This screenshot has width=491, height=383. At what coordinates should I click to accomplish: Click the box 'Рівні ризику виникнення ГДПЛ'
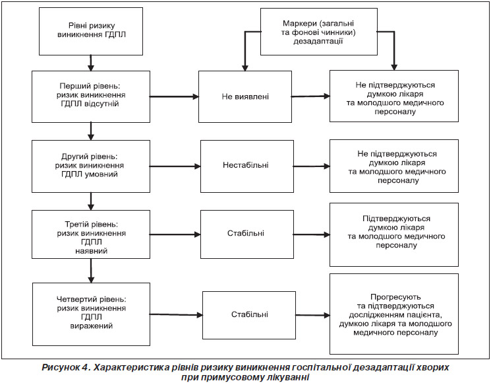click(91, 32)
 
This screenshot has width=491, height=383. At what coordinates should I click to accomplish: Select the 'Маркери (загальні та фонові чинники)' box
click(319, 32)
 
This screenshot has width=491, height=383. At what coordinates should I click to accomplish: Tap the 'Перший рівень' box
click(91, 96)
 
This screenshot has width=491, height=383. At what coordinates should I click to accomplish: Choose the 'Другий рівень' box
click(91, 166)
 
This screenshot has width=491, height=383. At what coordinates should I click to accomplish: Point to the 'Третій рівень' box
click(91, 234)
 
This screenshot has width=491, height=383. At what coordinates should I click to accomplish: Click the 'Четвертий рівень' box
click(91, 314)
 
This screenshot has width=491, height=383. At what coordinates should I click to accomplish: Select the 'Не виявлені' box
click(245, 96)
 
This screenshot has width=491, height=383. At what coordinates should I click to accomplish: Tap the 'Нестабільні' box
click(247, 166)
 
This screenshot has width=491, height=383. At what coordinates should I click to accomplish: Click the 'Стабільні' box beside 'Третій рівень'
click(247, 234)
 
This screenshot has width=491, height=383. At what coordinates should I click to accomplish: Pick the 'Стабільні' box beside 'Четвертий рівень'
click(249, 315)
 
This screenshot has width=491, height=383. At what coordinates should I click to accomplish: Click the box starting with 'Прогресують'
click(394, 314)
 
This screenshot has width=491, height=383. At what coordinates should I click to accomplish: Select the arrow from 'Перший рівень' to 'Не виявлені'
click(174, 96)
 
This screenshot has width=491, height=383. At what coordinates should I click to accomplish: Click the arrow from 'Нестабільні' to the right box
click(312, 166)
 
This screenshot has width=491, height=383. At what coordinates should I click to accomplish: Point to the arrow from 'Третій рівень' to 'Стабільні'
click(175, 234)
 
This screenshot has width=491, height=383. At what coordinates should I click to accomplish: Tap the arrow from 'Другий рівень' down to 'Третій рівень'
click(91, 201)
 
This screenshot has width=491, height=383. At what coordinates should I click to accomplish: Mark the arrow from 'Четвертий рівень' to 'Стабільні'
click(176, 314)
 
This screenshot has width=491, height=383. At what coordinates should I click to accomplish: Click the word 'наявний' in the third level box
click(91, 251)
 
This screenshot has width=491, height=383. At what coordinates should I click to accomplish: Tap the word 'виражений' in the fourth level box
click(91, 326)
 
